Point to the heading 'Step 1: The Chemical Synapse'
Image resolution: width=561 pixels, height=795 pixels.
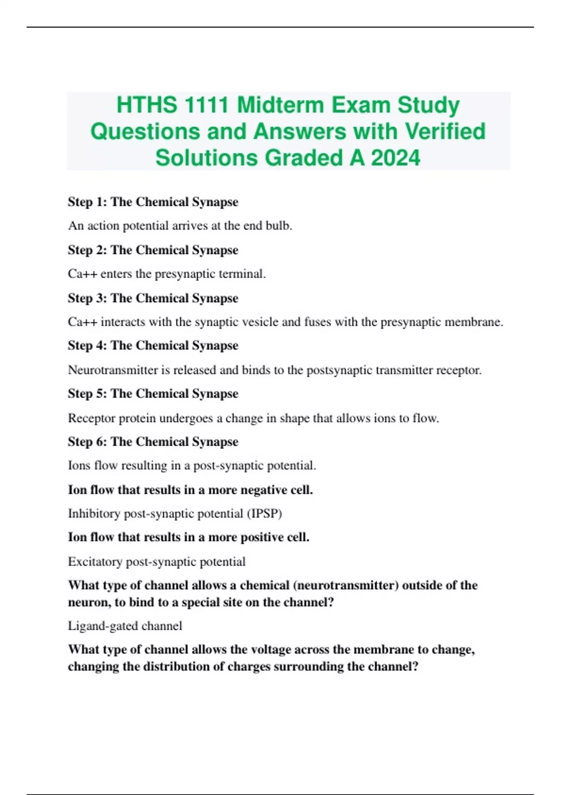click(x=153, y=202)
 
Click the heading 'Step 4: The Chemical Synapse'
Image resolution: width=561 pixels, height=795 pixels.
click(x=153, y=346)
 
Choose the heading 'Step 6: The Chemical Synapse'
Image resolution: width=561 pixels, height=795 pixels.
click(x=153, y=442)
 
